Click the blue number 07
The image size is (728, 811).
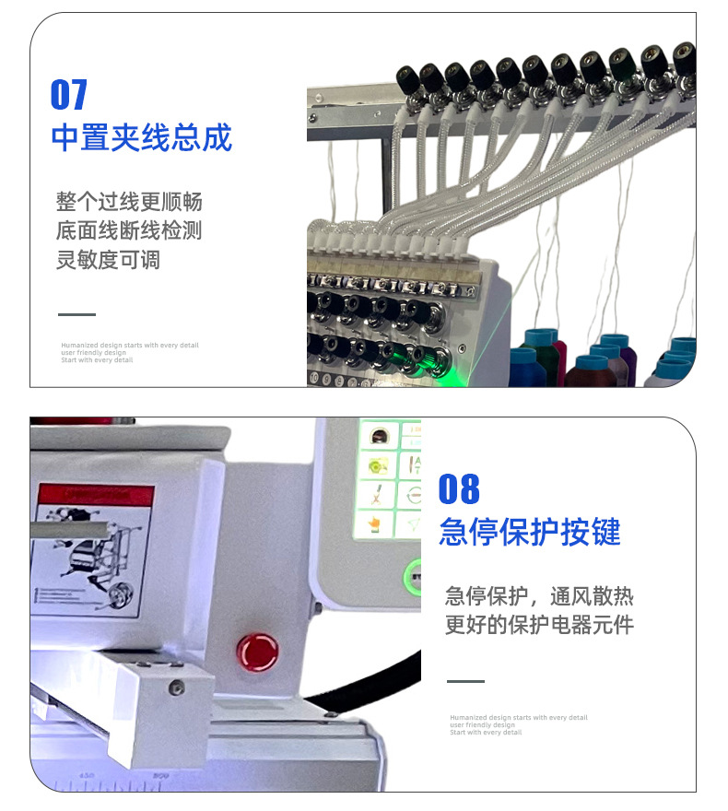69,94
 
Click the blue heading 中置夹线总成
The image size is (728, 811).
141,137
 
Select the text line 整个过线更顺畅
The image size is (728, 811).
128,202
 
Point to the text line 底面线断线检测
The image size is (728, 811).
128,230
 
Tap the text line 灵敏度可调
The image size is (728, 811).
108,260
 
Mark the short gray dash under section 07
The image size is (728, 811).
76,314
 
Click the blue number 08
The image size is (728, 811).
459,488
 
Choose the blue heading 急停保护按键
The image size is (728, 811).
530,532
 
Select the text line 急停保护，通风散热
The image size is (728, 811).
539,595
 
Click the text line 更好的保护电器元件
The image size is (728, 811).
539,625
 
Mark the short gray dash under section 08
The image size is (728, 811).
465,681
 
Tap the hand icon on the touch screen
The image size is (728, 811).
373,525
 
